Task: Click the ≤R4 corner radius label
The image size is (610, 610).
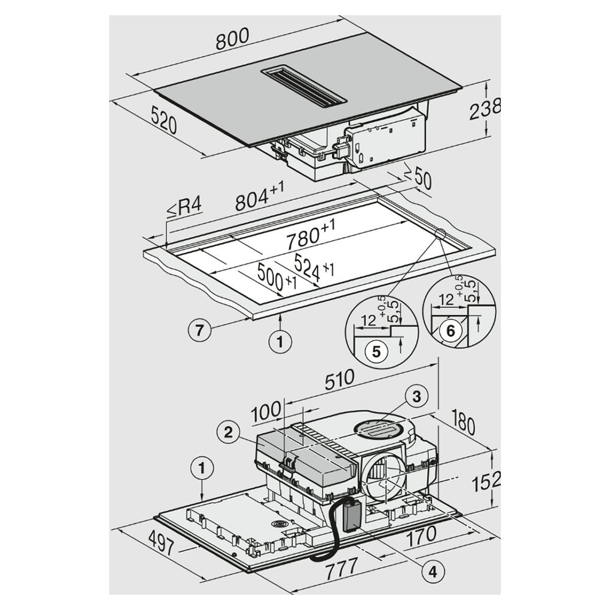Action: click(x=184, y=208)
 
